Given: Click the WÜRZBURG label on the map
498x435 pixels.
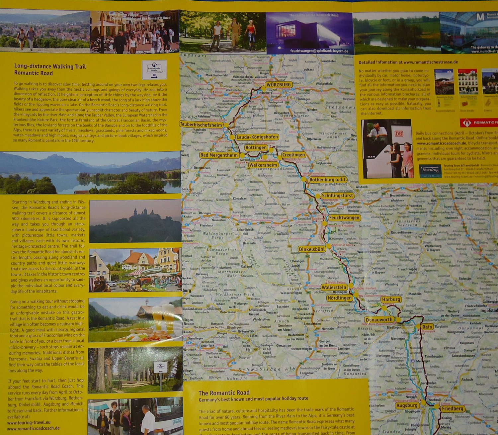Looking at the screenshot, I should (x=279, y=85).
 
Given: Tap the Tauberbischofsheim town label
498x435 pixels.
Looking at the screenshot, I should (x=201, y=125).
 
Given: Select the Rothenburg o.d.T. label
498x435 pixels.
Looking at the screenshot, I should (x=328, y=180).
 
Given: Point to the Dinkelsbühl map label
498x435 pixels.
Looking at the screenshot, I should (x=312, y=249).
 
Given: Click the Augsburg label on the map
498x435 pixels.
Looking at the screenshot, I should (x=407, y=405).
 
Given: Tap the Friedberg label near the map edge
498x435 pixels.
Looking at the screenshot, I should (x=452, y=408).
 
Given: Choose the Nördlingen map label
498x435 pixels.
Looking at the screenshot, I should (x=339, y=298).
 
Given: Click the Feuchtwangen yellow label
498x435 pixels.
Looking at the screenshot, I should (x=344, y=218).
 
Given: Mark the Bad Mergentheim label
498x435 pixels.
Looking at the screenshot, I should (x=219, y=155).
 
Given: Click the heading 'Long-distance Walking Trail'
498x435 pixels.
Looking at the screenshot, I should (x=50, y=66).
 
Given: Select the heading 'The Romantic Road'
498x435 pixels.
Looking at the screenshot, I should (x=224, y=393).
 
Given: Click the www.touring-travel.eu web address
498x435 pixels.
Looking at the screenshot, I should (x=29, y=422).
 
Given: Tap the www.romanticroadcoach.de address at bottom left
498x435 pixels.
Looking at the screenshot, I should (x=33, y=428).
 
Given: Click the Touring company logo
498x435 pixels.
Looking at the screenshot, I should (x=430, y=170).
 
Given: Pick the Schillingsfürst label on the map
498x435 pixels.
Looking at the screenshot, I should (x=337, y=196).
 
